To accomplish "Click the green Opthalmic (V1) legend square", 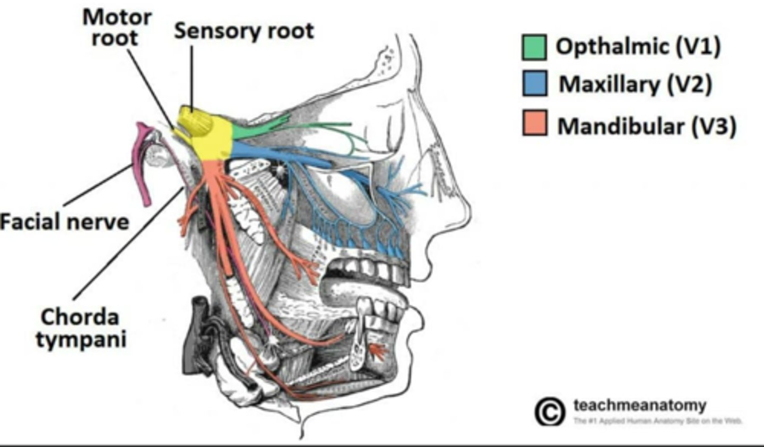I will point(534,47).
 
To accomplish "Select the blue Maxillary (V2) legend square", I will point(534,84).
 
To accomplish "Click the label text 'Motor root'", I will point(116,28).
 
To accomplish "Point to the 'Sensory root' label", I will point(244,31).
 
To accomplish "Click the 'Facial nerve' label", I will point(64,221).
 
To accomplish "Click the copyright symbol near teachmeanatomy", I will point(550,411).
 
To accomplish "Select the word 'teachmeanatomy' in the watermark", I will point(639,406).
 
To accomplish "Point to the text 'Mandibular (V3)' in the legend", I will point(646,126).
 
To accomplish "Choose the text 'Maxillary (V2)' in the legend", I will point(635,84).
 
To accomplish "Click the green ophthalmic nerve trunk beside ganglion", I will point(255,127).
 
